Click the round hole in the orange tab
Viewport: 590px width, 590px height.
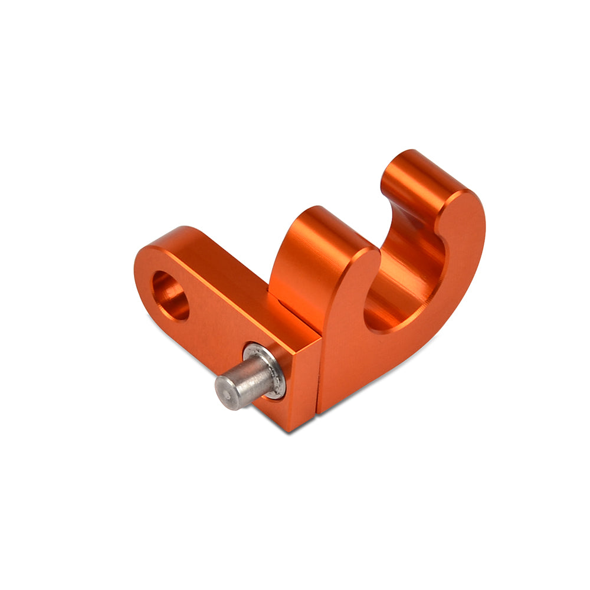[171, 296]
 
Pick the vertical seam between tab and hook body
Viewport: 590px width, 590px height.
[319, 378]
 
